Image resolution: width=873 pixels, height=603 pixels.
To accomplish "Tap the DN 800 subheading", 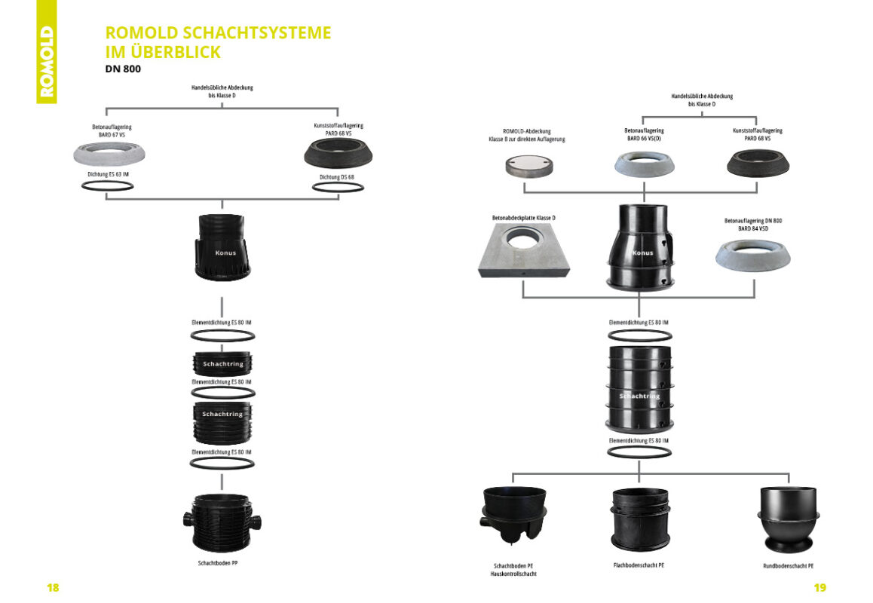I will (x=123, y=69).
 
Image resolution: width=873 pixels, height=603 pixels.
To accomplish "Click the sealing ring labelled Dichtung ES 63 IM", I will (x=107, y=185).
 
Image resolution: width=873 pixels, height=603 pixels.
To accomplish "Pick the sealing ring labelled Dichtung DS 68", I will (x=335, y=185).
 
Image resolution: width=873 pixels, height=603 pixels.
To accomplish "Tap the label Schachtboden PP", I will (x=222, y=562).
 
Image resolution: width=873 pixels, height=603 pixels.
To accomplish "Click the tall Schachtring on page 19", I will (x=639, y=389).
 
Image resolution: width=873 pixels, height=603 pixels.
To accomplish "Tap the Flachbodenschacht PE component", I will (x=639, y=519).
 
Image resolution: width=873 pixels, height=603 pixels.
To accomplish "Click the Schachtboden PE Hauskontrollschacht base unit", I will (x=513, y=516).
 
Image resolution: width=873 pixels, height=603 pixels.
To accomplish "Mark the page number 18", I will (x=53, y=587).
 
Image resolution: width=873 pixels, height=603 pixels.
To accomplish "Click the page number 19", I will (x=819, y=587).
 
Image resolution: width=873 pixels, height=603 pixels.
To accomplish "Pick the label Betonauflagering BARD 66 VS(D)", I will (x=643, y=135).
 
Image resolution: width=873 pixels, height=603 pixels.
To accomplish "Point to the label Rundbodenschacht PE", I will (x=788, y=565).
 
